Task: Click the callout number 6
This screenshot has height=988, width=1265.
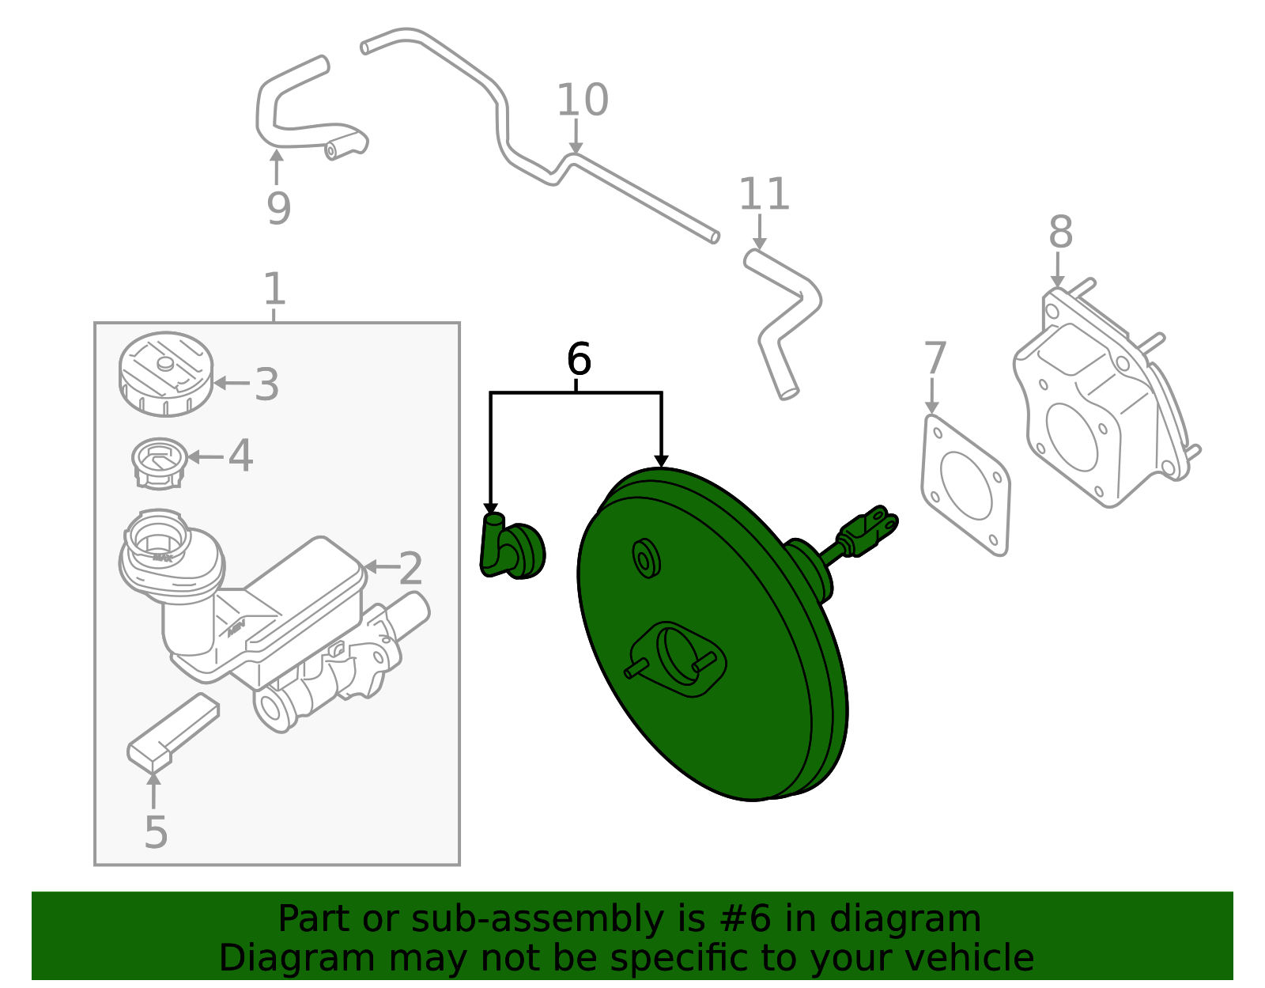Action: [x=578, y=360]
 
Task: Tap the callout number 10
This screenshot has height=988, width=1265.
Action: [x=583, y=100]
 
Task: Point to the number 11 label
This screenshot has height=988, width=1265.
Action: [x=764, y=195]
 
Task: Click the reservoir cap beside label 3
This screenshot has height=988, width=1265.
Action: [x=165, y=374]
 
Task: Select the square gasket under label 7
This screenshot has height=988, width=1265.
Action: [x=965, y=484]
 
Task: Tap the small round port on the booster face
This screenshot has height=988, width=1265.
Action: [x=647, y=558]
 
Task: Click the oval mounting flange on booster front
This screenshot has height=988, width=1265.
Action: [x=678, y=658]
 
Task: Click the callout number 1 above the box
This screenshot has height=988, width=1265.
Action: [x=274, y=289]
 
